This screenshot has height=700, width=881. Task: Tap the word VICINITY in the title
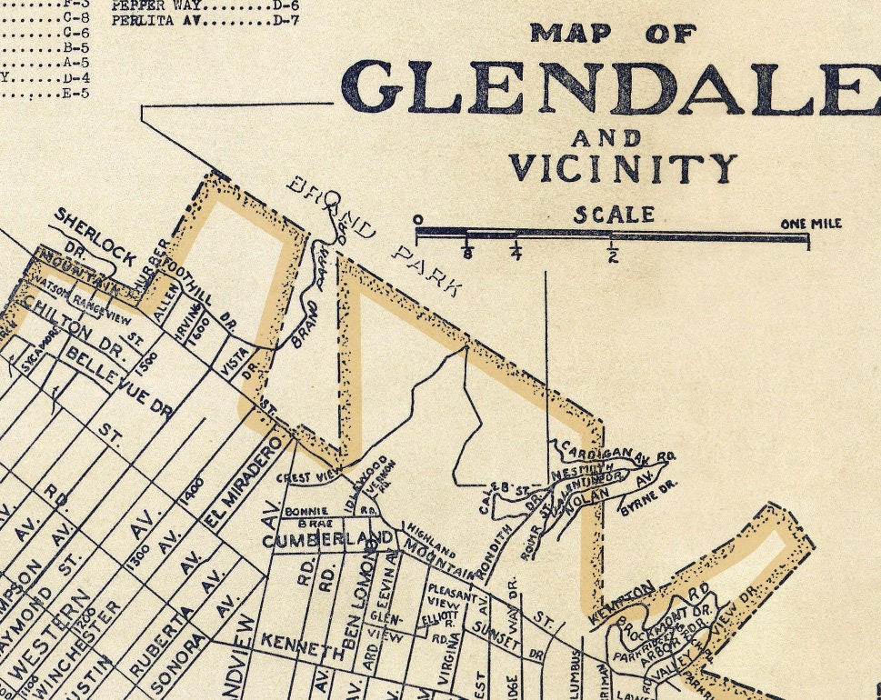(622, 168)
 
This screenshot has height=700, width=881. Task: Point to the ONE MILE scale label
(810, 224)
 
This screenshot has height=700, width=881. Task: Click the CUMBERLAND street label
(331, 540)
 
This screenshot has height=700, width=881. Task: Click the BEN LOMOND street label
(357, 601)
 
